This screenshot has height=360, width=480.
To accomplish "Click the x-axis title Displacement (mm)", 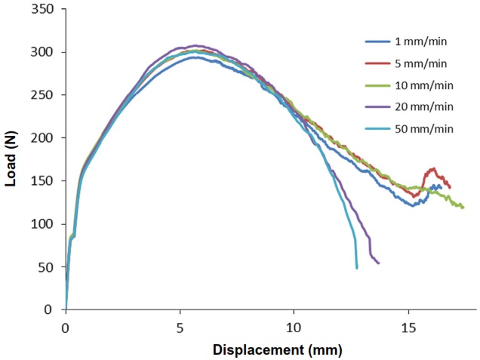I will (277, 349).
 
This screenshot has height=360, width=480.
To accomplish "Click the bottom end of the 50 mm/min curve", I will (357, 267).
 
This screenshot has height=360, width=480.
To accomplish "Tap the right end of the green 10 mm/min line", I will (463, 207).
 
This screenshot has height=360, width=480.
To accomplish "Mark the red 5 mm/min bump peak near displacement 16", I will (433, 168).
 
